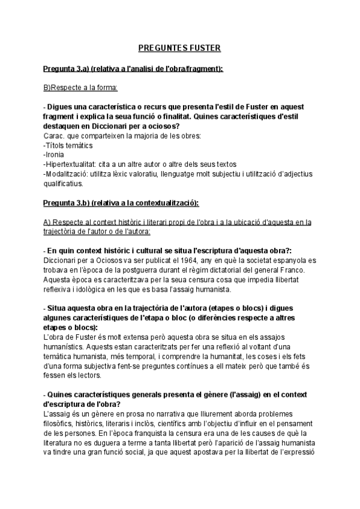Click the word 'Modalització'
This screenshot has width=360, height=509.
tap(65, 174)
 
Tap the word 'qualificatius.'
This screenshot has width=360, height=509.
tap(62, 183)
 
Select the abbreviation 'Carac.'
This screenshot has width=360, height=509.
tap(53, 136)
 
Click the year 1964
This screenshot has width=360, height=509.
tap(158, 261)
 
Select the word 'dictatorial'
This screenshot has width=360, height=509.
tap(227, 270)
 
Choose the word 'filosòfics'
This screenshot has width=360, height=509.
tap(61, 423)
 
